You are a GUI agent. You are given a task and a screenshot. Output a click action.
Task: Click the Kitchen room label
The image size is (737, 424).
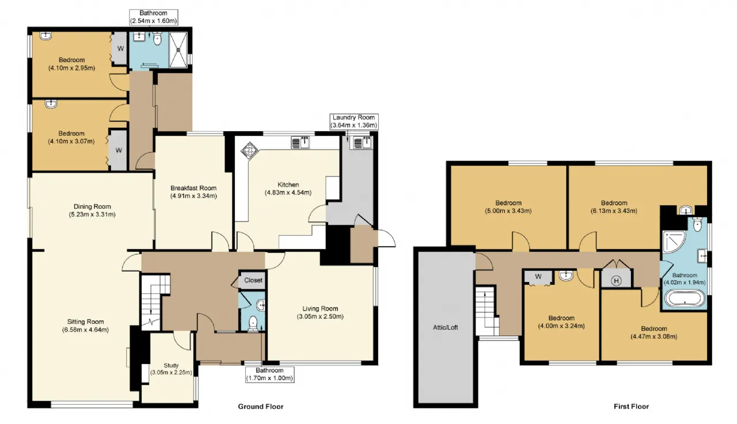pos(288,185)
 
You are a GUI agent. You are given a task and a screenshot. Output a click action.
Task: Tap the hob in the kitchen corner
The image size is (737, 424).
pos(249,151)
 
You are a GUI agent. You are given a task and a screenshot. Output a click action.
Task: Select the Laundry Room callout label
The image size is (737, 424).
pos(354,121)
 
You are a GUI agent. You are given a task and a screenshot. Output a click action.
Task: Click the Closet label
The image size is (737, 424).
pos(253,280)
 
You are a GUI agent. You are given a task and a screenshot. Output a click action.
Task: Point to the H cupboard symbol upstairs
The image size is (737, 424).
pos(616,281)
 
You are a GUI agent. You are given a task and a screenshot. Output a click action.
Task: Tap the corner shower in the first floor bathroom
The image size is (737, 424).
pos(674,242)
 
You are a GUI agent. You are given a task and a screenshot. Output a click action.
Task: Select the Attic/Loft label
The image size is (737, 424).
pos(445,327)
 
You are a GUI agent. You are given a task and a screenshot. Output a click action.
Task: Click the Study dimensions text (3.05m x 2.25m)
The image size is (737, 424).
pos(171,372)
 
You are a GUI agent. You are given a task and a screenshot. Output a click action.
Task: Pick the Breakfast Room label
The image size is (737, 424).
pos(193,188)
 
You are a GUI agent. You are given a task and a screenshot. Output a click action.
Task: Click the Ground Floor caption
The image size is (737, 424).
pos(261,407)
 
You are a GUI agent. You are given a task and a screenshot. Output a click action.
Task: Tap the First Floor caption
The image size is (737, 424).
pos(631,407)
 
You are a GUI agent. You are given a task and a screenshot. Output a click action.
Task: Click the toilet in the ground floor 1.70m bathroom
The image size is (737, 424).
pos(253,322)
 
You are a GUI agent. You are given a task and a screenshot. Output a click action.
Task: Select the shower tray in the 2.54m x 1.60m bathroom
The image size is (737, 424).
pos(178,49)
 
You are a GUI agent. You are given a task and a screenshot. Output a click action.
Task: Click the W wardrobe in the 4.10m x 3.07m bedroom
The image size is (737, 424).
pos(119,150)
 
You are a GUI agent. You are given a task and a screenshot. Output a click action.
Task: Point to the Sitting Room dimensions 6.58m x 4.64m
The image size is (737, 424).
pos(86,330)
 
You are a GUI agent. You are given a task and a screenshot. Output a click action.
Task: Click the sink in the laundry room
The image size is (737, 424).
pos(362,143)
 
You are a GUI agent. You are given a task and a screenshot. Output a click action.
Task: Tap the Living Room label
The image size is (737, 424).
pos(320,308)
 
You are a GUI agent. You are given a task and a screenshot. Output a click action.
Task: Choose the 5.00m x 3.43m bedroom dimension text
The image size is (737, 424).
pos(508,211)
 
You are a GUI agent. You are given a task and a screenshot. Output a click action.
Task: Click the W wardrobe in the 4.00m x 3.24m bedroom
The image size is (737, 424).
pos(538,277)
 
